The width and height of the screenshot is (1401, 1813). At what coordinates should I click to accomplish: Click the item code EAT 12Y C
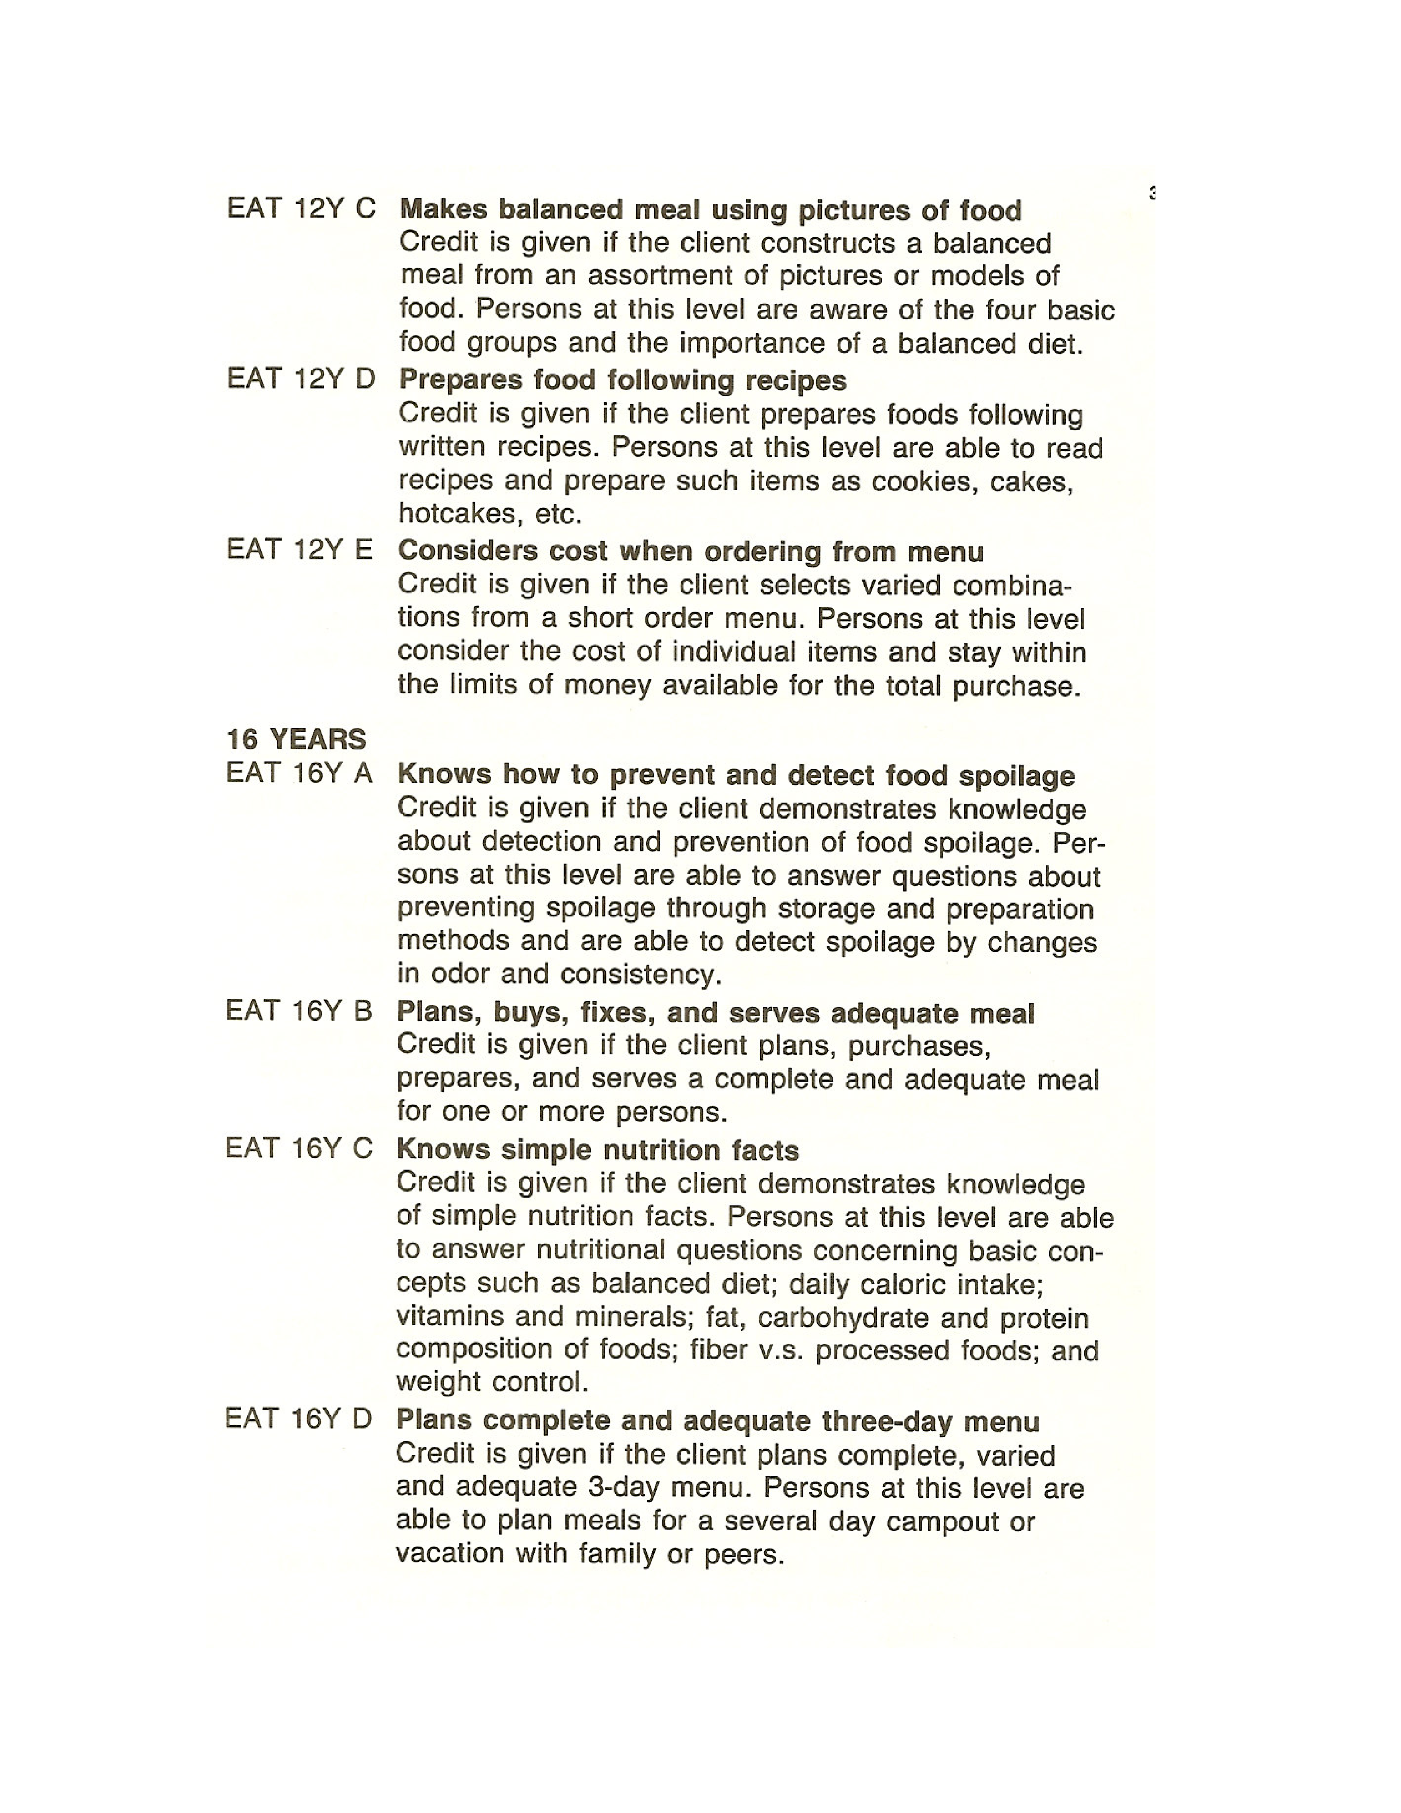[x=301, y=208]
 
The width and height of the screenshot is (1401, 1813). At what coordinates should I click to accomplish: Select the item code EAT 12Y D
[x=301, y=380]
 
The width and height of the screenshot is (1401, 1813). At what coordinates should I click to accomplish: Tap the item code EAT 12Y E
[x=299, y=549]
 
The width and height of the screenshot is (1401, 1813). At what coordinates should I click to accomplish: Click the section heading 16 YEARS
[x=296, y=739]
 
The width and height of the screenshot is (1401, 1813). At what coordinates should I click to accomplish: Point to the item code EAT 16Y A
[x=299, y=773]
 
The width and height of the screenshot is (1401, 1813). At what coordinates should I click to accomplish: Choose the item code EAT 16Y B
[x=299, y=1010]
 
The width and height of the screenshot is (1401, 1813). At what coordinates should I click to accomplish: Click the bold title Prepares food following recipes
[x=622, y=380]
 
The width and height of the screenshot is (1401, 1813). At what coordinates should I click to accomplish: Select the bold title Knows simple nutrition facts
[x=598, y=1150]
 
